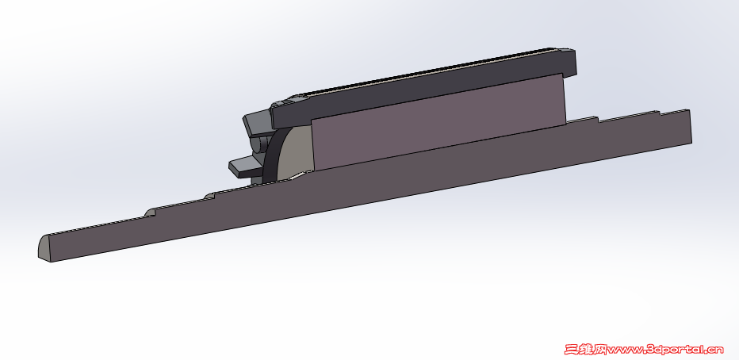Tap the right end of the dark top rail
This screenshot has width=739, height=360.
(x=570, y=63)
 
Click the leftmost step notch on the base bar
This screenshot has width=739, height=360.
(x=149, y=213)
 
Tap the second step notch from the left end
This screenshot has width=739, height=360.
(x=209, y=195)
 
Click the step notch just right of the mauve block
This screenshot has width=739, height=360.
(x=595, y=119)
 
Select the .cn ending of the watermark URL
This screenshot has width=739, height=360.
(x=714, y=348)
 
